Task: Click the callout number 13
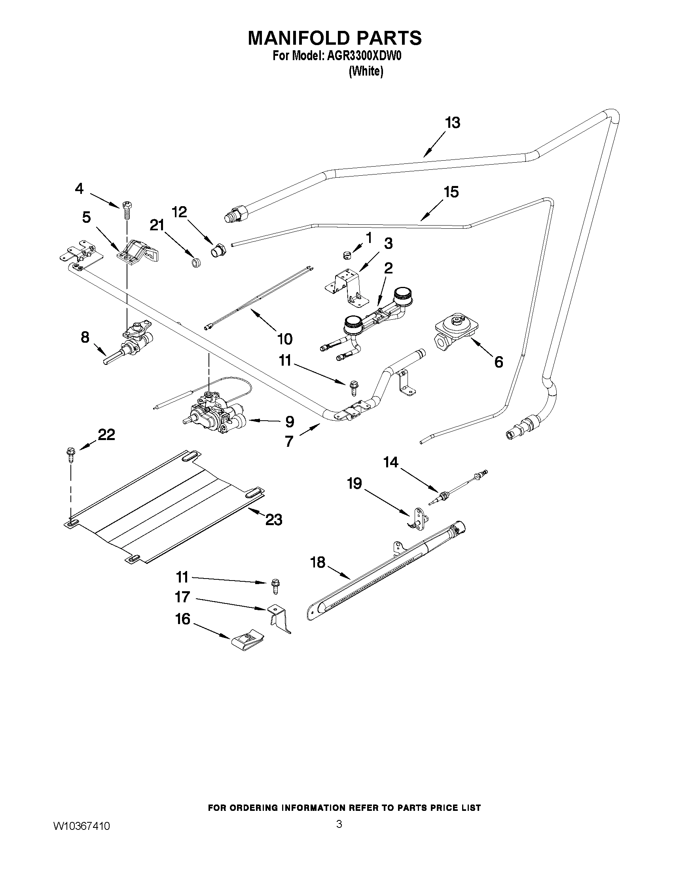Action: pyautogui.click(x=453, y=123)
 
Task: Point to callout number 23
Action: pyautogui.click(x=274, y=520)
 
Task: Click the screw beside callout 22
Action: pyautogui.click(x=71, y=455)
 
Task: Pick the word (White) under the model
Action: pyautogui.click(x=366, y=72)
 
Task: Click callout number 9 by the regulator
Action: pyautogui.click(x=290, y=421)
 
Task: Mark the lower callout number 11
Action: pyautogui.click(x=182, y=577)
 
